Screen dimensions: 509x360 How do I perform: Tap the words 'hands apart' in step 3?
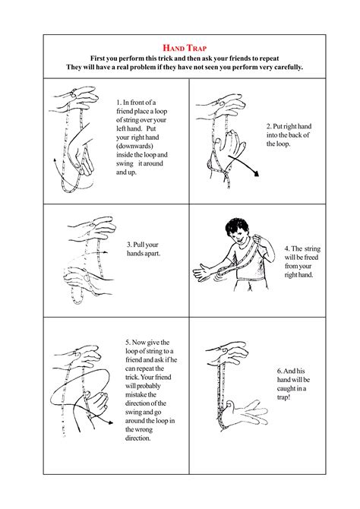point(141,254)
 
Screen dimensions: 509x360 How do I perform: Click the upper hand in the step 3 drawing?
point(90,226)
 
